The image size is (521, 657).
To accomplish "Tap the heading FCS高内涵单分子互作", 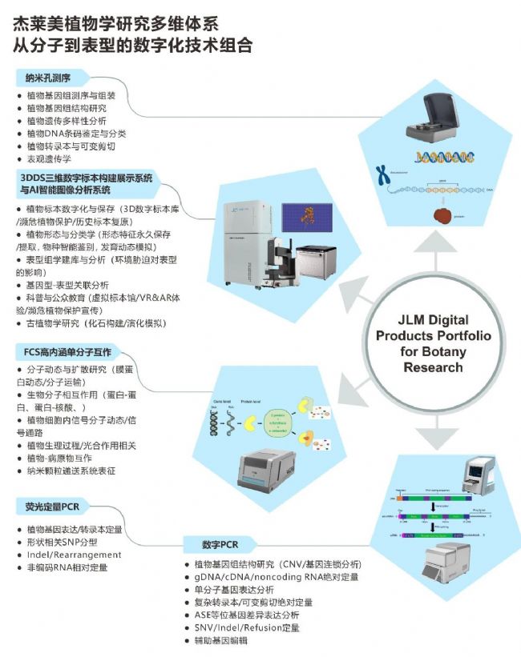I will (x=66, y=352).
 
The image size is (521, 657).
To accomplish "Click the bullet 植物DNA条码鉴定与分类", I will (x=76, y=134).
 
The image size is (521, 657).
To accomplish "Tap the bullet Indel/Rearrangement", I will (x=74, y=555).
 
